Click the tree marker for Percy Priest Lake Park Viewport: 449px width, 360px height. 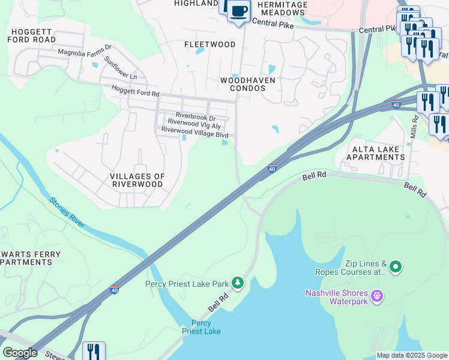pos(238,283)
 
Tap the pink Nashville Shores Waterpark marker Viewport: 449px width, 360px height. pos(377,295)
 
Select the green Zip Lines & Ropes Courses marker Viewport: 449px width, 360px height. pos(395,266)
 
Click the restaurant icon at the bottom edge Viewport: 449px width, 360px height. pos(93,351)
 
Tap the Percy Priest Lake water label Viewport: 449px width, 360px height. pos(201,327)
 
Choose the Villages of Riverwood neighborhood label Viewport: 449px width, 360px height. pos(137,181)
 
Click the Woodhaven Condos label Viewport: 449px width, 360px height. pos(243,84)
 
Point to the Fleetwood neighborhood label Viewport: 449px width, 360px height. pos(209,44)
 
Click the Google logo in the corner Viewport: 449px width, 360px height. pos(20,353)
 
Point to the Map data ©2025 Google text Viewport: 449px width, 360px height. pos(412,355)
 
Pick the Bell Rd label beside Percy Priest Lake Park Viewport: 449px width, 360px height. pos(219,302)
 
